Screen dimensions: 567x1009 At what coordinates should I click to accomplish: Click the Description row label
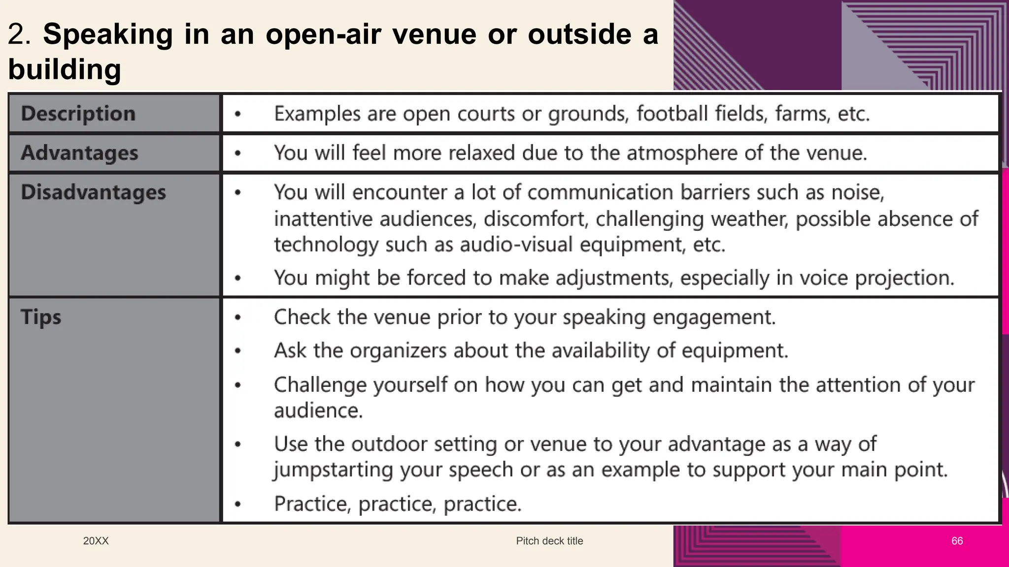78,114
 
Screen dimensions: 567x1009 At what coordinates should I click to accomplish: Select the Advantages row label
79,153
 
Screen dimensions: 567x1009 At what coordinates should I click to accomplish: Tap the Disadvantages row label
93,192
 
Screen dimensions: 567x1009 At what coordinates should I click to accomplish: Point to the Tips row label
41,317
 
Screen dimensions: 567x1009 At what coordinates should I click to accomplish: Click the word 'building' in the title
65,69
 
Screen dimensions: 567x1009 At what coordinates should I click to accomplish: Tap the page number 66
957,541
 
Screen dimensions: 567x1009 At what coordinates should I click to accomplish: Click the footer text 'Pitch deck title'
549,541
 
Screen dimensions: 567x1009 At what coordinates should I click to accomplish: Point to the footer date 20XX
96,541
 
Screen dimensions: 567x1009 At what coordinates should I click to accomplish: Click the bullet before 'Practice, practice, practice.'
238,504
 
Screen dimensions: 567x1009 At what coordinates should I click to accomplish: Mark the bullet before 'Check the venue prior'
238,317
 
